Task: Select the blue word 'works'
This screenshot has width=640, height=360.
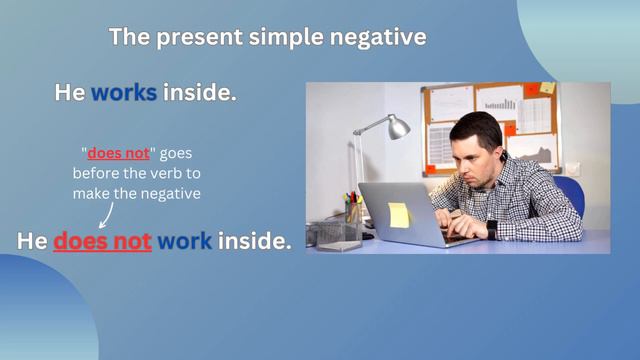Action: click(124, 93)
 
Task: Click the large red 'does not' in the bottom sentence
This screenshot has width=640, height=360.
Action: click(102, 241)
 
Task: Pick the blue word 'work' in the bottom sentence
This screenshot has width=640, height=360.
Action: click(185, 241)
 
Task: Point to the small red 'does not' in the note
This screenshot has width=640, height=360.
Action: click(118, 154)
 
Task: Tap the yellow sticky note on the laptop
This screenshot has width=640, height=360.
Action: click(398, 214)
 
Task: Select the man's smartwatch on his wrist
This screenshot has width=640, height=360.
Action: click(491, 228)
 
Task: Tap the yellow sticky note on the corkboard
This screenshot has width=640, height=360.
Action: click(547, 89)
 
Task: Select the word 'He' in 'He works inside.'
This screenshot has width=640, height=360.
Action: click(69, 93)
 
